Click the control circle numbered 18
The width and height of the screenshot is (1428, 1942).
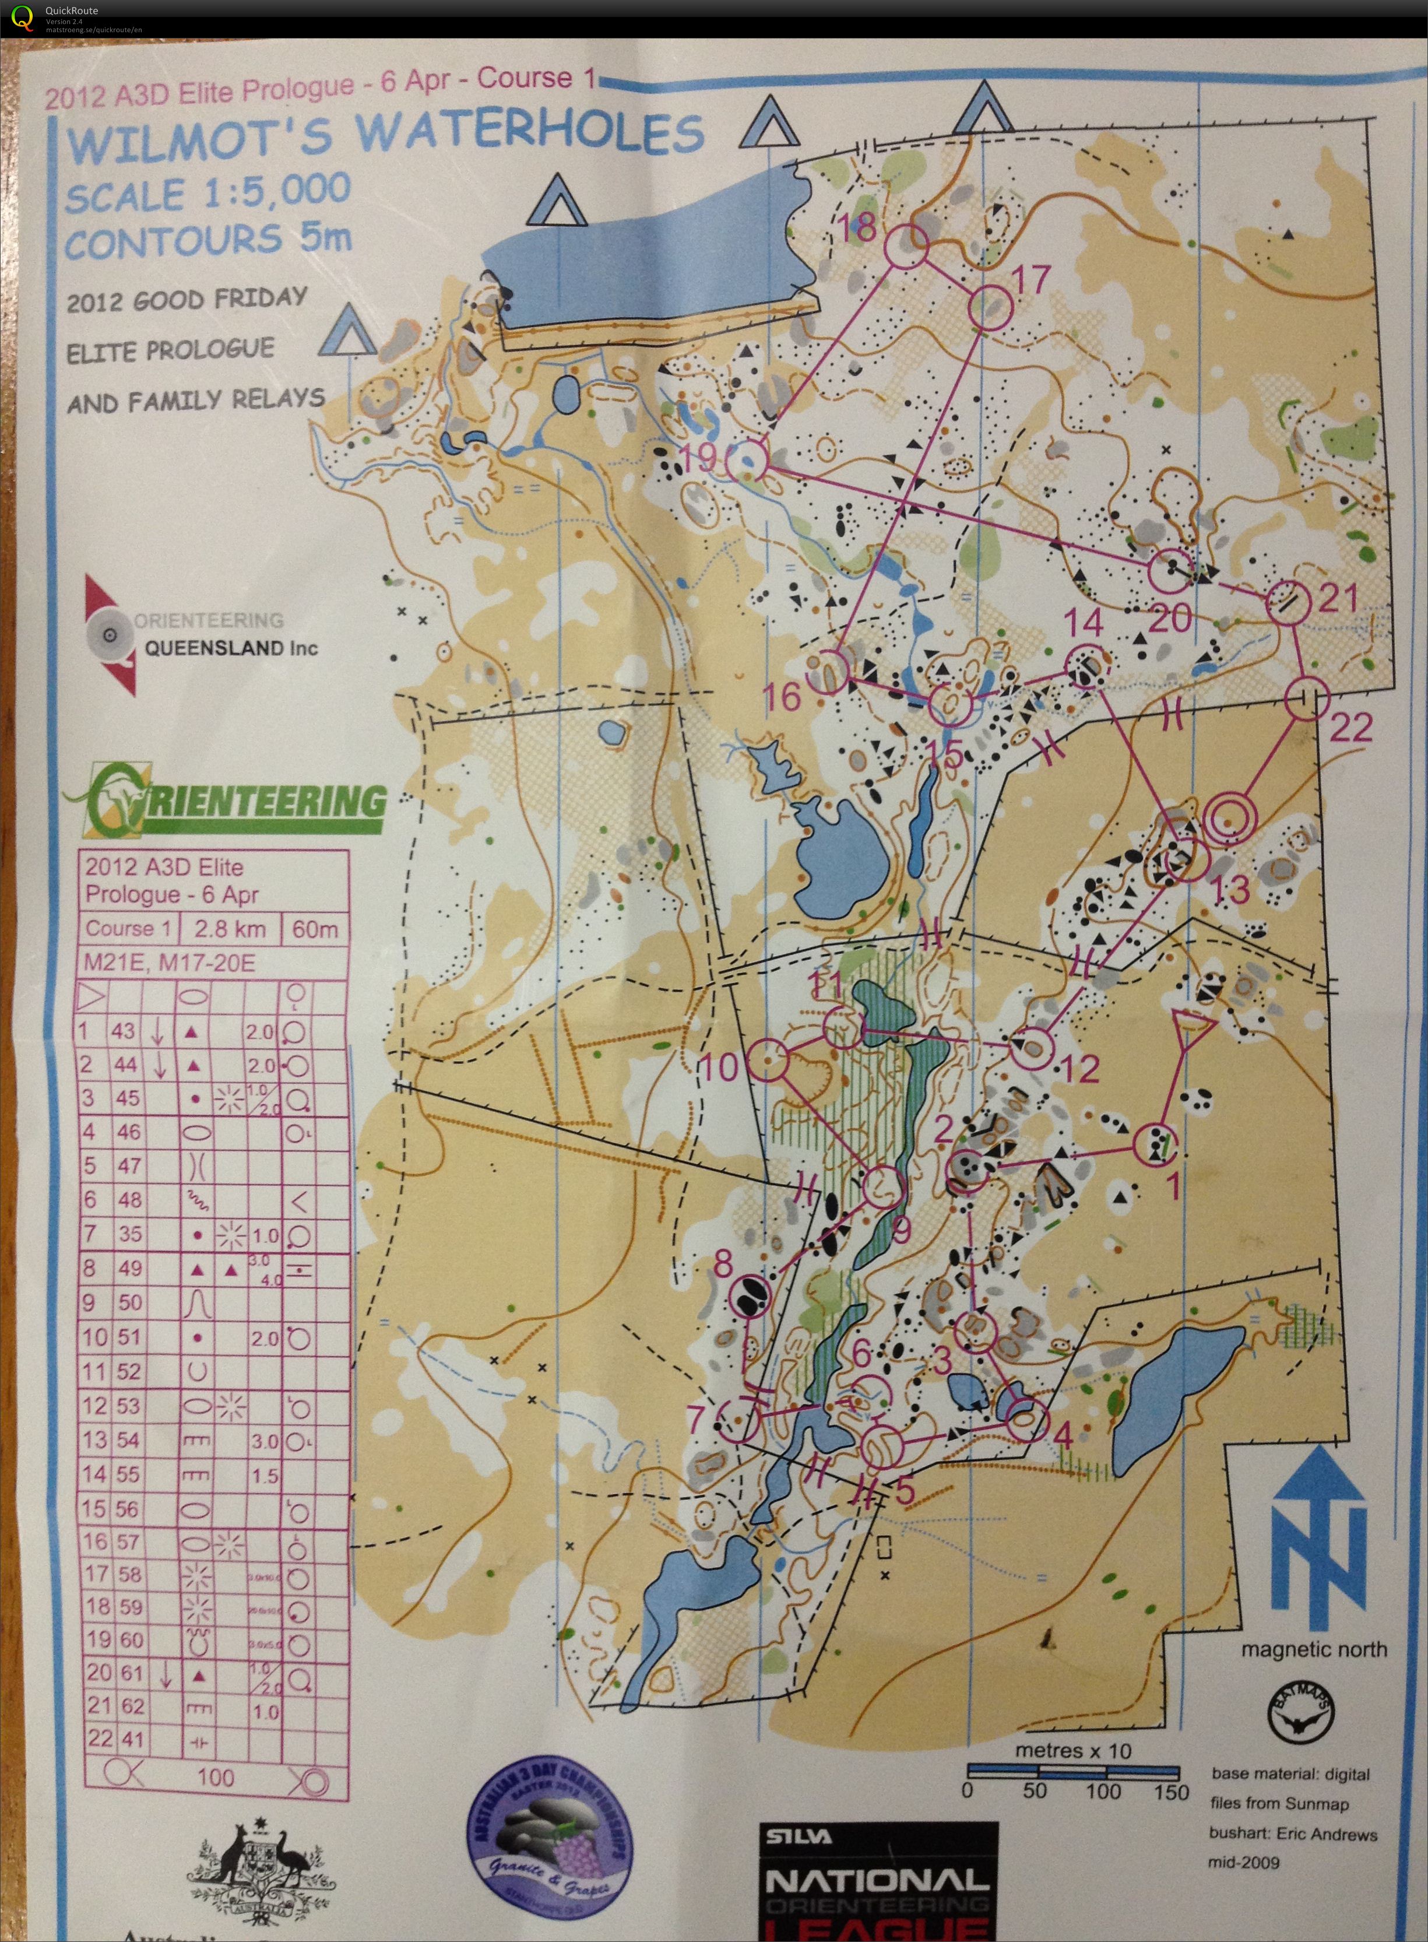point(906,247)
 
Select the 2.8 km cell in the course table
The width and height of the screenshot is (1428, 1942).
point(229,929)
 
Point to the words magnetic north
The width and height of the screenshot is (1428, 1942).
point(1313,1650)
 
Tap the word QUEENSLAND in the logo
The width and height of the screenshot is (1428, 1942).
point(231,648)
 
